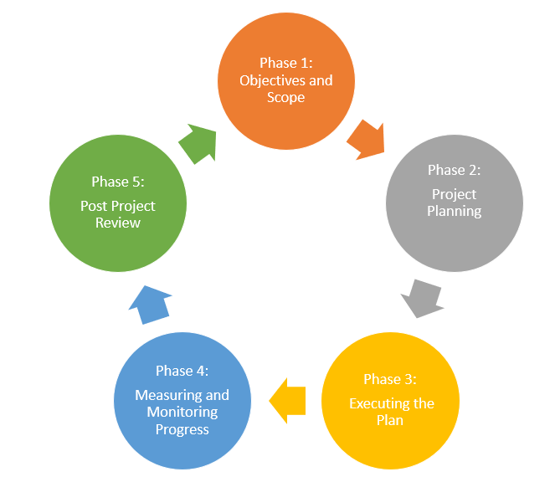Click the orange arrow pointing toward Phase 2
click(x=366, y=139)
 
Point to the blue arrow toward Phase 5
click(x=152, y=302)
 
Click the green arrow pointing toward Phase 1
click(x=198, y=143)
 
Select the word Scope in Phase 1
click(x=285, y=97)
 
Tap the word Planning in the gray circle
click(x=454, y=211)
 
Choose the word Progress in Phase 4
click(x=182, y=429)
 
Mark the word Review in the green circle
click(x=117, y=223)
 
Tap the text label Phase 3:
click(x=389, y=379)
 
